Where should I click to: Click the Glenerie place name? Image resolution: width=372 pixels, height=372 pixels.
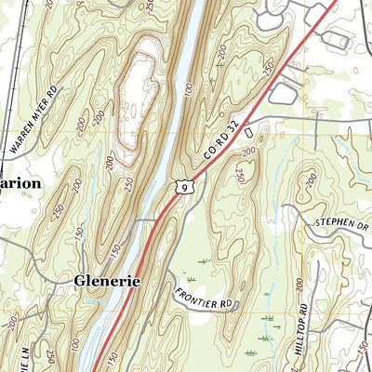101,281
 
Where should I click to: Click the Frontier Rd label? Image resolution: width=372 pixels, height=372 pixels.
202,298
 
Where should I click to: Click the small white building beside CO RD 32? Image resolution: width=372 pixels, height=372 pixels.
249,135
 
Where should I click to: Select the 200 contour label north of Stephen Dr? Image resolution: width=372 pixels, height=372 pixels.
311,178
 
